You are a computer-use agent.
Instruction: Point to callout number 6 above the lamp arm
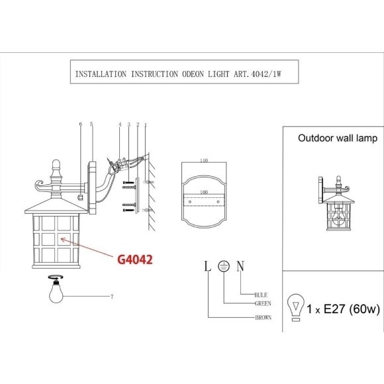80,124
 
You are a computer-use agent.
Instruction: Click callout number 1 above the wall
145,124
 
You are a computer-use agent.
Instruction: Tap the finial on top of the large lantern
56,162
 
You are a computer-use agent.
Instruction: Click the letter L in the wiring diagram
207,266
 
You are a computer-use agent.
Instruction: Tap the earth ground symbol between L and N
224,266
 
